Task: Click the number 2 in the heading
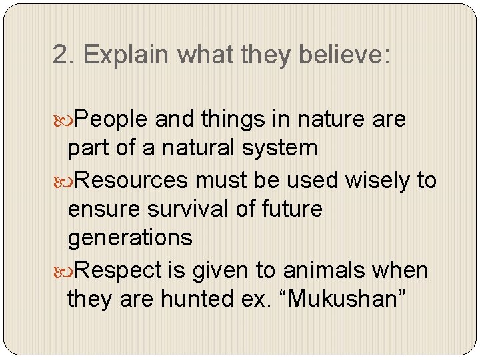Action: pos(61,55)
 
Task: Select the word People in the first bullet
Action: pos(111,119)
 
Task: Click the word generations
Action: pos(130,237)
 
